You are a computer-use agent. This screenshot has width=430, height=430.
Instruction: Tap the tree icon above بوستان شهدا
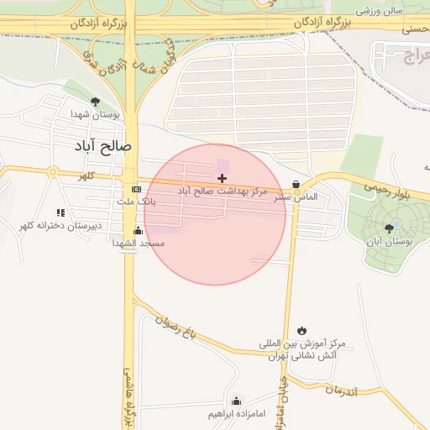94,101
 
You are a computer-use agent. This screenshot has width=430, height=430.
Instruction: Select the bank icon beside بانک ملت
136,190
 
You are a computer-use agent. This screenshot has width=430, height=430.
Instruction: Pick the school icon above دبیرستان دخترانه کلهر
60,212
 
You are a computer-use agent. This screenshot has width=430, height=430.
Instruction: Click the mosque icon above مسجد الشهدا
138,230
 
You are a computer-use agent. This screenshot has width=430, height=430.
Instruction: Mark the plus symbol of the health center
222,178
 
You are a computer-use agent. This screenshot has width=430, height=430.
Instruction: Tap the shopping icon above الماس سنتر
296,185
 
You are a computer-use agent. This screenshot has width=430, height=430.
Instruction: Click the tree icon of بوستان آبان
391,228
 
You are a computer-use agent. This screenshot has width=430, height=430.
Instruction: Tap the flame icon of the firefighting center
302,329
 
